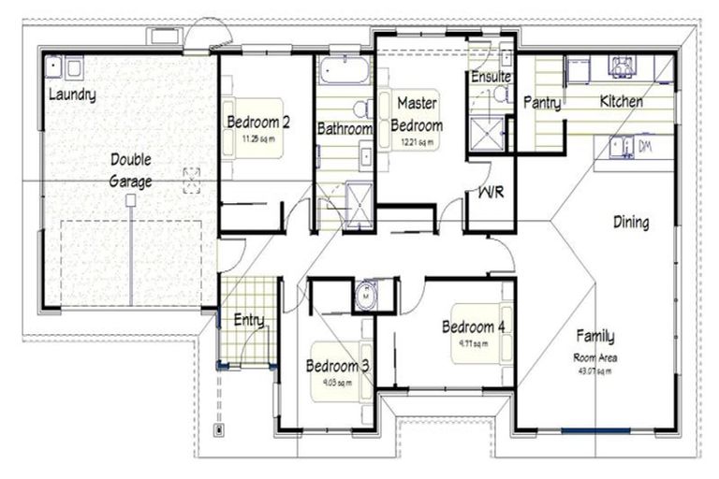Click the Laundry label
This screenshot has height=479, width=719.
(71, 94)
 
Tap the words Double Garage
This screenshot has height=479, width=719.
(130, 170)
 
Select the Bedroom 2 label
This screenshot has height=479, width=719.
(257, 121)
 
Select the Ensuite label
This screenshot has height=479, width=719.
(490, 76)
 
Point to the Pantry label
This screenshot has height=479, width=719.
(542, 102)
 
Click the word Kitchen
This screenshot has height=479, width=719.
(621, 100)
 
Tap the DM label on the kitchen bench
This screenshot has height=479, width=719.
(644, 147)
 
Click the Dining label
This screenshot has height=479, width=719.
(631, 223)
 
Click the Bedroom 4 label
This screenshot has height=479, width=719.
(473, 327)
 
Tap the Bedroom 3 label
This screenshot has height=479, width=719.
(337, 366)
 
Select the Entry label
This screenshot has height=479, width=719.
(248, 320)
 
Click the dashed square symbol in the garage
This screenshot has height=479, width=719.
(192, 179)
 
